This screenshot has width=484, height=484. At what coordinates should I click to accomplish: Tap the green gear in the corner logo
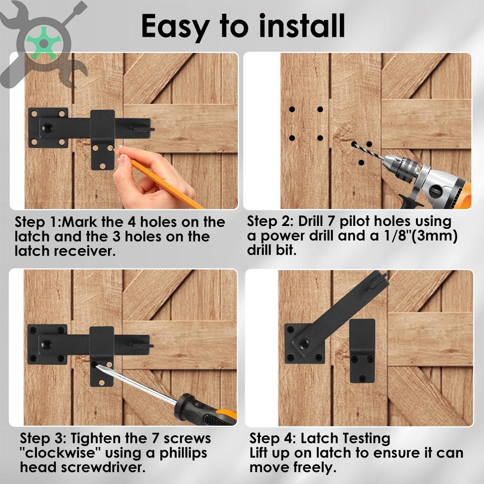point(44,43)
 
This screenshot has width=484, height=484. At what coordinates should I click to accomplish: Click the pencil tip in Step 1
point(115,150)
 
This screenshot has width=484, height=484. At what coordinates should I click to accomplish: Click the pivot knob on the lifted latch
point(304,343)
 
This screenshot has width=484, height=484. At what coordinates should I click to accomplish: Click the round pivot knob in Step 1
point(47,128)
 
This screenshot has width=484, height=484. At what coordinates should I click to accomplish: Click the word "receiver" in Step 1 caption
point(85,251)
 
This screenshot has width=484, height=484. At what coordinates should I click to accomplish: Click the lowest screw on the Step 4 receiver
point(363,378)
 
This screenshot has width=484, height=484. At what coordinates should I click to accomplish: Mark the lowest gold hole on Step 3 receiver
point(102,383)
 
